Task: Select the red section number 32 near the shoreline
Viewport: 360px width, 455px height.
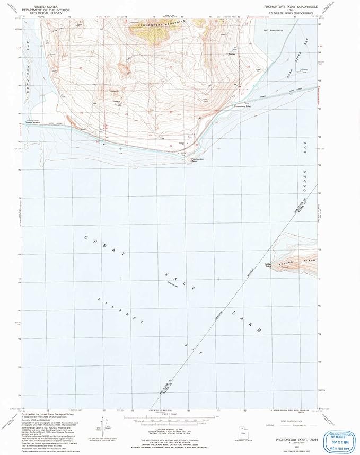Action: tap(171, 145)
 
